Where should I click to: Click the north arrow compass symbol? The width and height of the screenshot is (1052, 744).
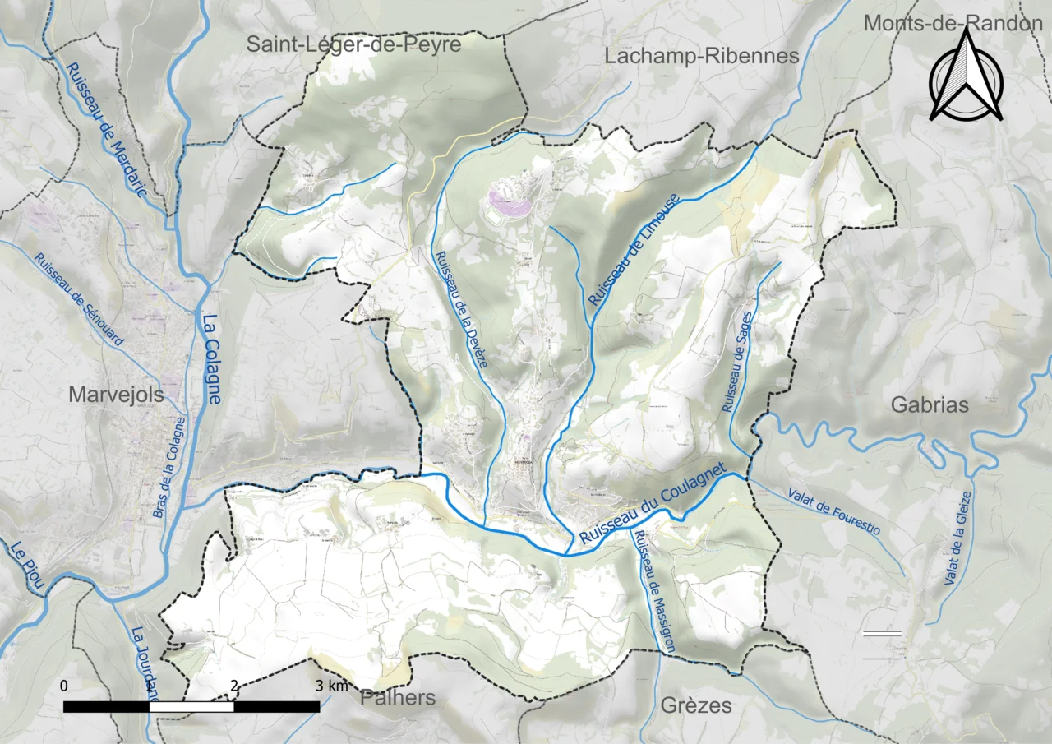(x=967, y=76)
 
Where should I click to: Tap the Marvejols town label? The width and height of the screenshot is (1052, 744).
(x=116, y=395)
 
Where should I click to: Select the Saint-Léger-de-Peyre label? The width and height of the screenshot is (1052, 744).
(x=354, y=44)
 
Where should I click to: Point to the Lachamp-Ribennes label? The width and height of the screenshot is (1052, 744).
(x=702, y=56)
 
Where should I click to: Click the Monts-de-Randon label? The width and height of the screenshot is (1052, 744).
(x=952, y=23)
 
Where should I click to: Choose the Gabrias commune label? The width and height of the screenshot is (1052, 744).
(x=930, y=404)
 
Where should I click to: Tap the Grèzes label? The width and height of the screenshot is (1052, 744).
(x=696, y=705)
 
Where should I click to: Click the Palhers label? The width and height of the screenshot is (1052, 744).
(x=398, y=698)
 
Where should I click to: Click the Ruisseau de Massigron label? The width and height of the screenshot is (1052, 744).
(x=654, y=591)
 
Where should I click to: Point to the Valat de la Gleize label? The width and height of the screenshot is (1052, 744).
(x=958, y=538)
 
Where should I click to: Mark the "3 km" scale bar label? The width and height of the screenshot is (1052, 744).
(x=332, y=686)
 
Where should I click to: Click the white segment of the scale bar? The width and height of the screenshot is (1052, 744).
(x=191, y=706)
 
